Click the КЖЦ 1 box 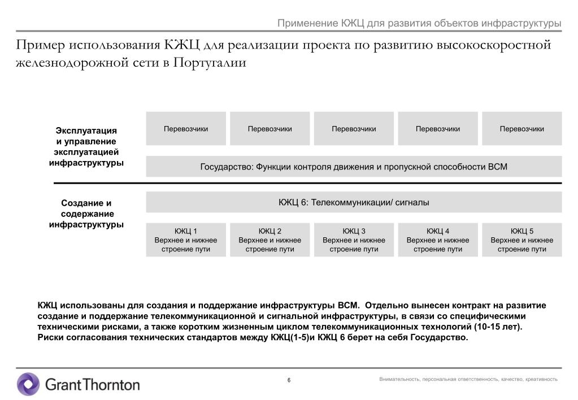point(186,240)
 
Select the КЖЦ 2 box point(270,240)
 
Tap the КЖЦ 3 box point(354,240)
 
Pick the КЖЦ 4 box point(438,240)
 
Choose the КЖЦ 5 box point(521,240)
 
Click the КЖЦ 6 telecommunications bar point(354,202)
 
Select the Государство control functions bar point(354,167)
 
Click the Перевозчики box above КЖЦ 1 point(186,129)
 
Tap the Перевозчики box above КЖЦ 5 point(521,129)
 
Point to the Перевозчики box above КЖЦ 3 point(354,129)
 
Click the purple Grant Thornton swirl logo point(28,384)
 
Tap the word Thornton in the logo point(111,385)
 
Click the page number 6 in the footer point(289,380)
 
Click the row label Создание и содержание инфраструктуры point(86,214)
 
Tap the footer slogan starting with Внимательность point(468,379)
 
